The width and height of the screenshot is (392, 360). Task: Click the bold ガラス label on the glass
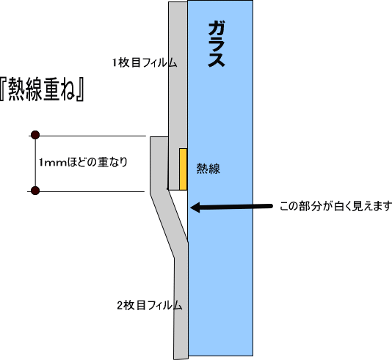click(217, 45)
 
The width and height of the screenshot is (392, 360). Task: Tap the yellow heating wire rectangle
click(183, 169)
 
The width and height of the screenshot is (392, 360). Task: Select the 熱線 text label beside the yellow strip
click(208, 169)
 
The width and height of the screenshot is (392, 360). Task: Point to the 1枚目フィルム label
click(145, 62)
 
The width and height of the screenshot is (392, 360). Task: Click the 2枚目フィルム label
click(150, 305)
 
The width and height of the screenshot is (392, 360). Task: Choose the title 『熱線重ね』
click(42, 89)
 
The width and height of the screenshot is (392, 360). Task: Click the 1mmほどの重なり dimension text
click(83, 162)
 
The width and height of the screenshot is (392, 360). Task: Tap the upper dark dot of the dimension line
click(35, 135)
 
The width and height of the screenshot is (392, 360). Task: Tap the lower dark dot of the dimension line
click(35, 191)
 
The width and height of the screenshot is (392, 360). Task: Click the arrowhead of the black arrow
click(195, 207)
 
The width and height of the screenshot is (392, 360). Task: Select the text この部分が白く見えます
click(335, 207)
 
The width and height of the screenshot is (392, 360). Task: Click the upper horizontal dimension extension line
click(87, 136)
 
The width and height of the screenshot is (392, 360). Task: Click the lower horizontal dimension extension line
click(86, 192)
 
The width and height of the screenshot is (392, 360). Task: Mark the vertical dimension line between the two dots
click(35, 163)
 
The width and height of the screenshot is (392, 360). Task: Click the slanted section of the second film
click(169, 223)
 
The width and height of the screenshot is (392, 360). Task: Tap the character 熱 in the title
click(17, 90)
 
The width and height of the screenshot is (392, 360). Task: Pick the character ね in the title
click(68, 90)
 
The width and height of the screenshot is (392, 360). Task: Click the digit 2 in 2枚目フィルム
click(120, 305)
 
